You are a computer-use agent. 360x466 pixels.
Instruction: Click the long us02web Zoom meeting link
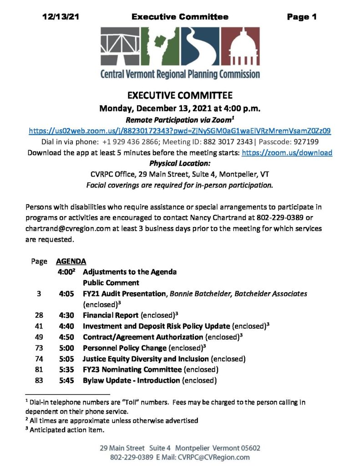[180, 130]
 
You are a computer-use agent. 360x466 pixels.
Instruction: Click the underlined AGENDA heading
[71, 262]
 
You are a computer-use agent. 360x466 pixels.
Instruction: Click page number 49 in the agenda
[39, 337]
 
